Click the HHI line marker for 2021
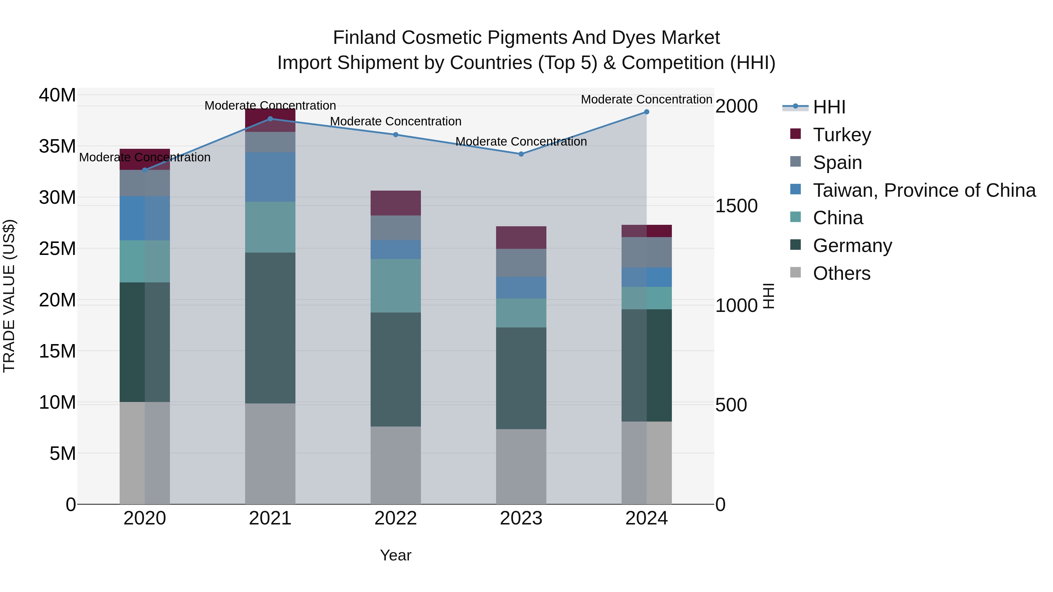click(x=270, y=119)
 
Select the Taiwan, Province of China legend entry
click(x=924, y=190)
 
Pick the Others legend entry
click(x=841, y=273)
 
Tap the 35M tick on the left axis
click(x=57, y=146)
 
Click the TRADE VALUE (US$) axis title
click(x=9, y=296)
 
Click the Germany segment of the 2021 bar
click(x=270, y=328)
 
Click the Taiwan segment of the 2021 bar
click(x=270, y=177)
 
